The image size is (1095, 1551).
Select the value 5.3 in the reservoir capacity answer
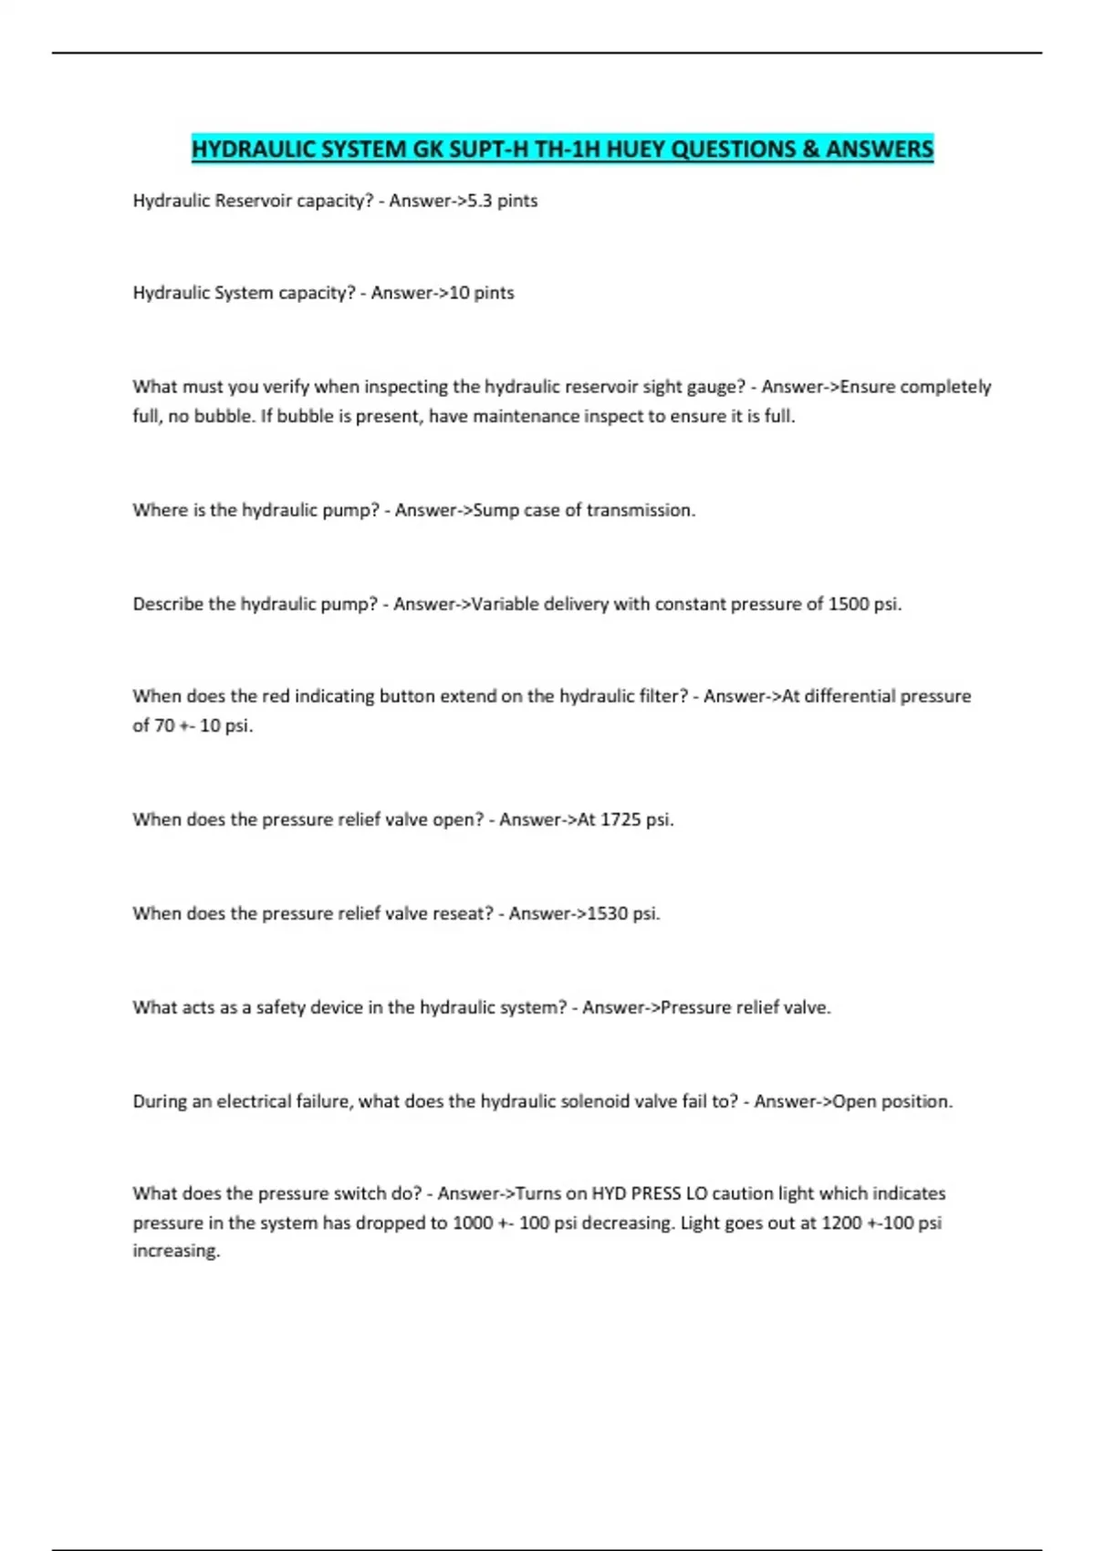pyautogui.click(x=480, y=201)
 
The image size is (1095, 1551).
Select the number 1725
pyautogui.click(x=620, y=819)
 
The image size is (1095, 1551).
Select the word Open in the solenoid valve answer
pyautogui.click(x=854, y=1101)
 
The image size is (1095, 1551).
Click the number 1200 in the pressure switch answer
pyautogui.click(x=841, y=1223)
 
